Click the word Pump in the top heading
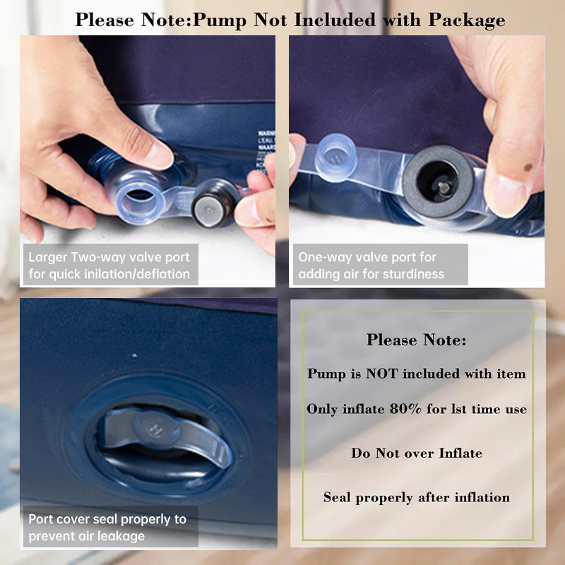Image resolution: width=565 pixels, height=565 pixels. coord(220,20)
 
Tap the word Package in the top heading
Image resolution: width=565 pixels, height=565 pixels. coord(467,20)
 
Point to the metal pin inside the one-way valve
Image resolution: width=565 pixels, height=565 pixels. coord(444,187)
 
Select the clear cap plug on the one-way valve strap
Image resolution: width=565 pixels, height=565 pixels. coord(335,157)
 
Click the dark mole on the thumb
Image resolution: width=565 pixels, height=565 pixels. coord(528,167)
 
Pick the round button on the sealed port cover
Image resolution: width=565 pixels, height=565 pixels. coord(156,429)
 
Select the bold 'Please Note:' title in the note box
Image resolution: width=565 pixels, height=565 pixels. coord(416,340)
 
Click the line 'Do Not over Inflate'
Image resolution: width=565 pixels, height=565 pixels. coord(417,453)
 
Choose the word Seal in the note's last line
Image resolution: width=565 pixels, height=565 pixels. coord(337,497)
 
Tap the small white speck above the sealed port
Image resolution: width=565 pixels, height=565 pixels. coord(134,356)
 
